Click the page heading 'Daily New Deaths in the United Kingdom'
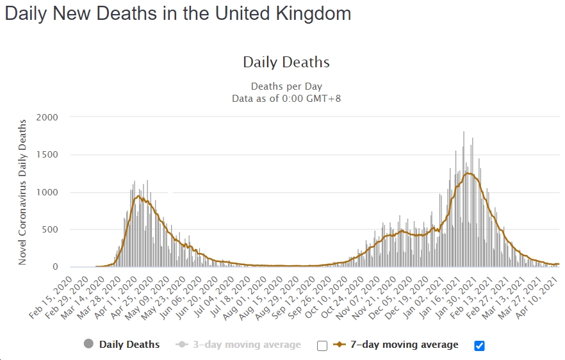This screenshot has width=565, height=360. pos(178,14)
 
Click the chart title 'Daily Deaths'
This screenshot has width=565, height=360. pos(286,62)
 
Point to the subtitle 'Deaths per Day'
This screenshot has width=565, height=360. pos(286,86)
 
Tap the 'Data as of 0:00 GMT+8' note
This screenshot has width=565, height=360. pos(286,98)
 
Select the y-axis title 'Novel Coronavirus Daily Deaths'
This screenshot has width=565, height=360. pos(22,192)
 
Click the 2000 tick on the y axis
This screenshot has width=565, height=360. pos(47,117)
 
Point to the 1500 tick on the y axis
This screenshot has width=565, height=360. pos(47,154)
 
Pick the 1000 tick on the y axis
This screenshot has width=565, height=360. pos(47,192)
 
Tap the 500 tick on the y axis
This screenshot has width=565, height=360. pos(50,229)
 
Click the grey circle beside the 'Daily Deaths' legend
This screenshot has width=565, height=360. pos(89,345)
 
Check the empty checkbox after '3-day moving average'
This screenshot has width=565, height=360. pos(322,346)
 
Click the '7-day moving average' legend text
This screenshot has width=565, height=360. pos(404,345)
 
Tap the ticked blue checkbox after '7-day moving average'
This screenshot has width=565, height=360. pos(479,346)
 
